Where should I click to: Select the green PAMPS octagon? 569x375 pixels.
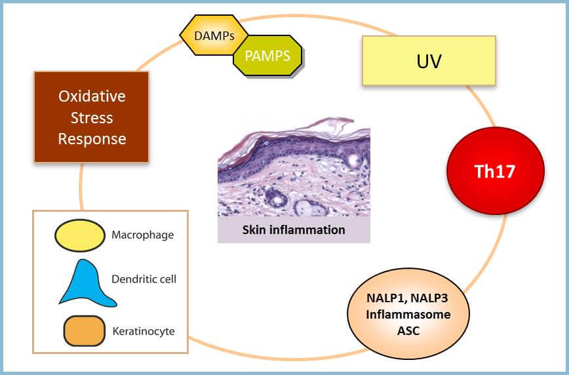tap(267, 56)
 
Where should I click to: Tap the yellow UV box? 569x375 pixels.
tap(429, 60)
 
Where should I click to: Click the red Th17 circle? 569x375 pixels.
tap(496, 170)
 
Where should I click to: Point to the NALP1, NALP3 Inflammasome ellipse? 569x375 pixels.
tap(408, 313)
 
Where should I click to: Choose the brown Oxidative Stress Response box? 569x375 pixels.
tap(92, 117)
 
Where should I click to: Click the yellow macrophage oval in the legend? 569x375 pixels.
tap(80, 235)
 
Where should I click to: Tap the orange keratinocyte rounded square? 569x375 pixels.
tap(84, 330)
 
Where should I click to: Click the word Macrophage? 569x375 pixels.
tap(143, 235)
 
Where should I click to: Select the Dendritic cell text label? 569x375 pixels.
tap(144, 279)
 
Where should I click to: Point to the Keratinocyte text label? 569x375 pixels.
tap(144, 331)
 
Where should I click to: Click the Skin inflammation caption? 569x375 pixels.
tap(294, 230)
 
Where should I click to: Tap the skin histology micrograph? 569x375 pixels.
tap(294, 167)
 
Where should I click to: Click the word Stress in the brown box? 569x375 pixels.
tap(92, 117)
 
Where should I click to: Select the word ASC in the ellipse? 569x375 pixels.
tap(408, 330)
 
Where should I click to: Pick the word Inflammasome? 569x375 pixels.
tap(408, 314)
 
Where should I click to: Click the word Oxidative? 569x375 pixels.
tap(92, 96)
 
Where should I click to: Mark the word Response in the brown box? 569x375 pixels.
tap(92, 139)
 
